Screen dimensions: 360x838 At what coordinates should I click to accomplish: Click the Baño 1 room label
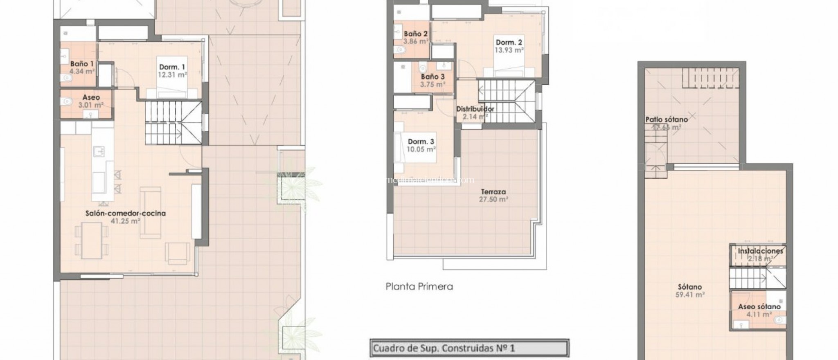click(x=81, y=64)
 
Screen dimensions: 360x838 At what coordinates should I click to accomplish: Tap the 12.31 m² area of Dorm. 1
click(x=172, y=75)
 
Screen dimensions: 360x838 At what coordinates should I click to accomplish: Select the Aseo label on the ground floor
click(x=91, y=97)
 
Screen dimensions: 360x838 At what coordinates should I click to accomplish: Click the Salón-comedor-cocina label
click(x=125, y=213)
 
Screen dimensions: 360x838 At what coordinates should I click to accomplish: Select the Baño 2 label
click(x=415, y=34)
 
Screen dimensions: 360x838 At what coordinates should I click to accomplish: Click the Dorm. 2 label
click(x=509, y=42)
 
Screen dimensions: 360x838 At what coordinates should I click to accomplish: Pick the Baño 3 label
click(x=433, y=76)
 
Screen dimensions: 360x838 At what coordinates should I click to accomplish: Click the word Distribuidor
click(x=475, y=109)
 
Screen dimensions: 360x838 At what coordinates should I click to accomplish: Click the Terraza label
click(x=493, y=191)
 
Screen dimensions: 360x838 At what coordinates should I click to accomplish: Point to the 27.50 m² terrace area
click(x=493, y=199)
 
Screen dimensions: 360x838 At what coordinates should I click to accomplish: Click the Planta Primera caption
click(x=419, y=286)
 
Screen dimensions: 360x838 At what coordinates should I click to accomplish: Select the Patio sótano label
click(x=666, y=119)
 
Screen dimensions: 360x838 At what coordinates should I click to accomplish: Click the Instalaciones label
click(x=760, y=251)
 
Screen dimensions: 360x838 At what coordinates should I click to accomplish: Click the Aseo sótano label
click(x=759, y=306)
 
